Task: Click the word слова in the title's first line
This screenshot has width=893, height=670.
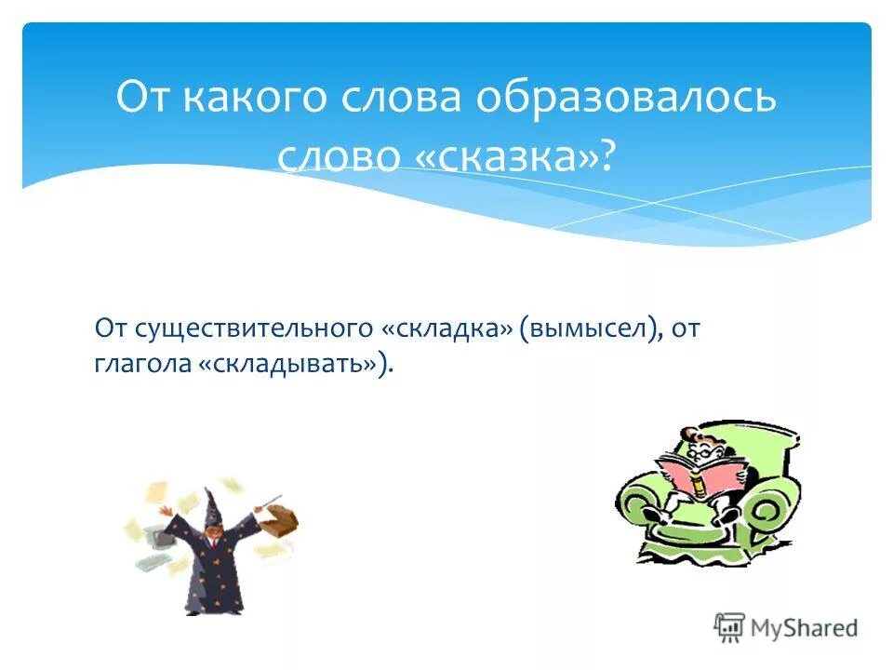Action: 400,99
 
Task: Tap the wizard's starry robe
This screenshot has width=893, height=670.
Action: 209,572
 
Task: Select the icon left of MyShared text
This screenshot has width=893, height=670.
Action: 730,627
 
